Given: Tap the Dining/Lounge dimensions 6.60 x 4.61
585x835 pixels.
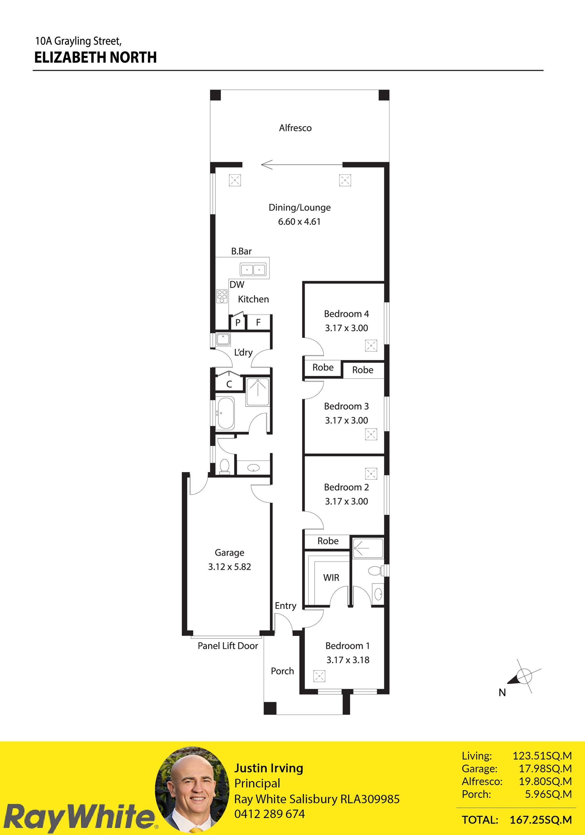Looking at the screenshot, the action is (299, 222).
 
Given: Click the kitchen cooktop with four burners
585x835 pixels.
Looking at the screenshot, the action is (222, 296).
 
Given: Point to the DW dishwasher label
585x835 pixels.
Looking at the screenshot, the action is (237, 285).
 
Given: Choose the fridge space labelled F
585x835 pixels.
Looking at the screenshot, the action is (258, 322).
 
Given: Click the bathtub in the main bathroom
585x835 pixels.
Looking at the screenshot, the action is (225, 413).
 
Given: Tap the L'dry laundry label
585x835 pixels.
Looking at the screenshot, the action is (243, 352).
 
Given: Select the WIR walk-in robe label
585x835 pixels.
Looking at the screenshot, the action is (331, 578).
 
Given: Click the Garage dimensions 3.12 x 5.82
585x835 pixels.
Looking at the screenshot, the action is (229, 567).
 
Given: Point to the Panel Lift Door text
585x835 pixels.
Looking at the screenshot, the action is (228, 645).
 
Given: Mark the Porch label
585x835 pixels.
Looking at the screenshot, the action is (282, 671).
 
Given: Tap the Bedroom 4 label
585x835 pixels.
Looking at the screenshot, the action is (346, 314).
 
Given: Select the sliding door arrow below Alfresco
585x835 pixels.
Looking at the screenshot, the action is (302, 165).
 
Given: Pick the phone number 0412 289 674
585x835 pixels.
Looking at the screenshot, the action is (269, 814).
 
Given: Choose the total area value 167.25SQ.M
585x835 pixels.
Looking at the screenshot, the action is (541, 820).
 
